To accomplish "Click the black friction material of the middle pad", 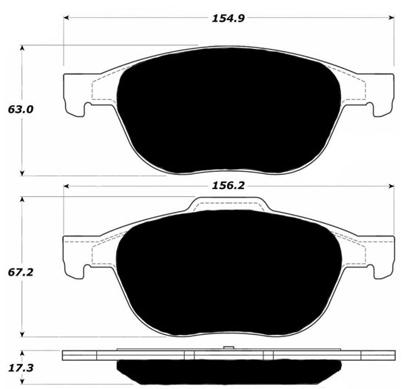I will (x=228, y=270).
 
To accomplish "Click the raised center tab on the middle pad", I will (x=228, y=204).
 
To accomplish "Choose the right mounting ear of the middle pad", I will (x=379, y=256).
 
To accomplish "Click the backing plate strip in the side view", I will (x=228, y=355).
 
